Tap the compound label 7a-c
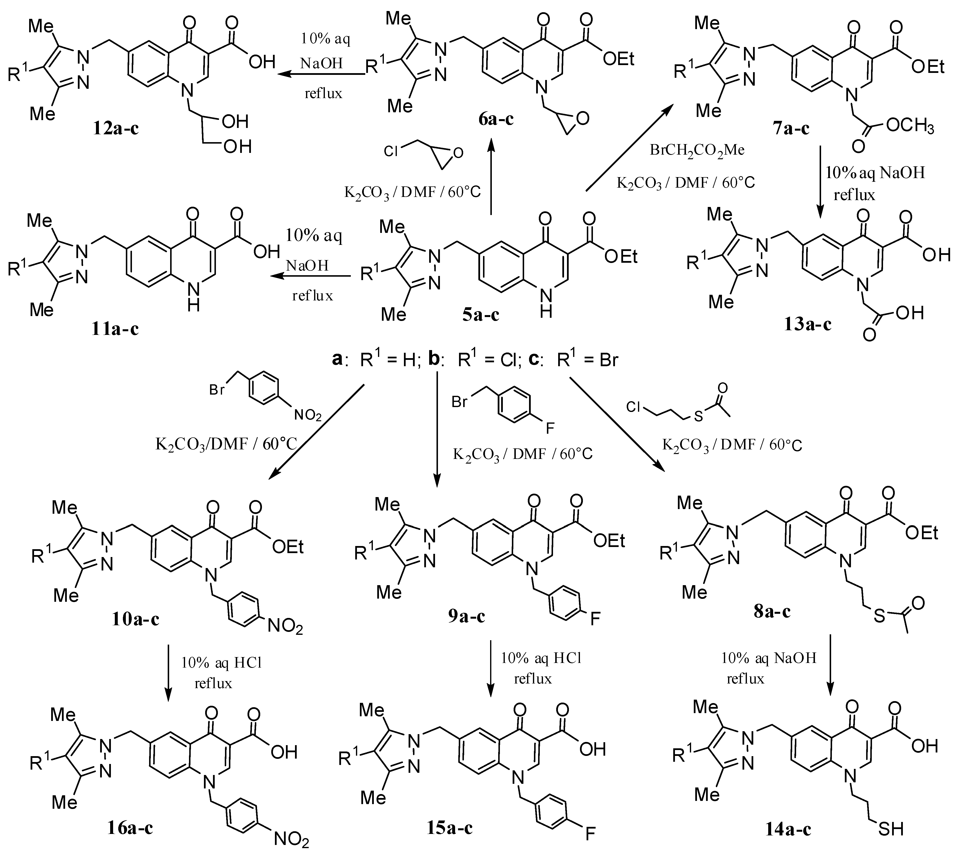(791, 128)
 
